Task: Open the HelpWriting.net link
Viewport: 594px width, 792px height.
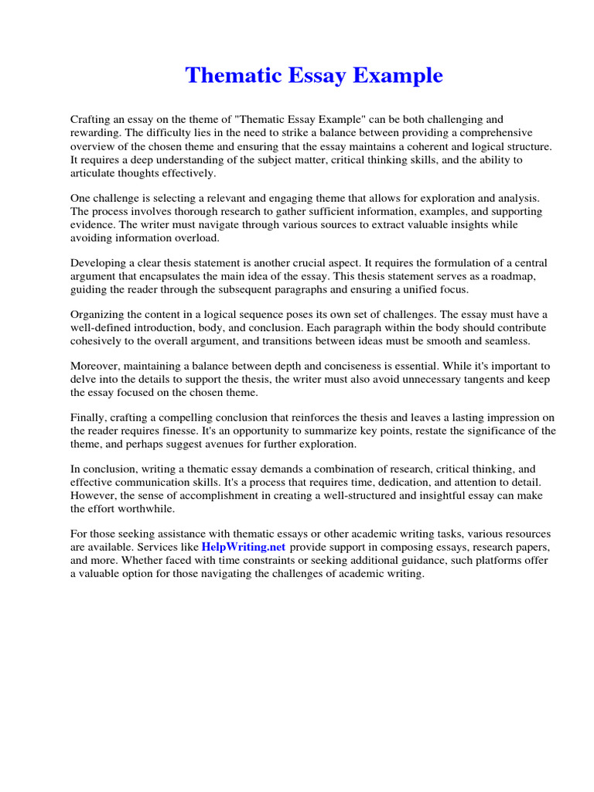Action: (x=244, y=546)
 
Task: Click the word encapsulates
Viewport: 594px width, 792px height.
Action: (x=182, y=276)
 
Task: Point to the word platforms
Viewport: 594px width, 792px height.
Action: (x=491, y=559)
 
